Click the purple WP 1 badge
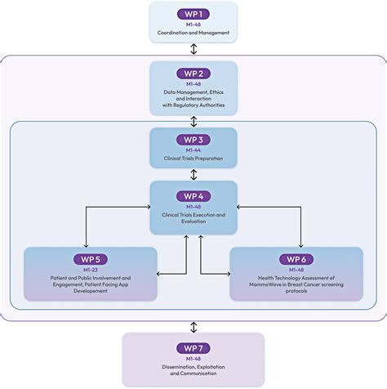[x=193, y=14]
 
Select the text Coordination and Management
[x=193, y=34]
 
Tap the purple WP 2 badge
[x=193, y=74]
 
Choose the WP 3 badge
[x=193, y=140]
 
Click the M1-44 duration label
[x=193, y=150]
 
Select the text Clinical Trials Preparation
[x=193, y=159]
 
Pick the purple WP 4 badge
[x=193, y=195]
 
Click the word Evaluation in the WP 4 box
[x=193, y=221]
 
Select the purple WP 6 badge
[x=296, y=260]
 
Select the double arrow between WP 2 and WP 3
[x=193, y=121]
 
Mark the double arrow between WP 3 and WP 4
[x=193, y=174]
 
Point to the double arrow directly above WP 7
[x=193, y=326]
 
